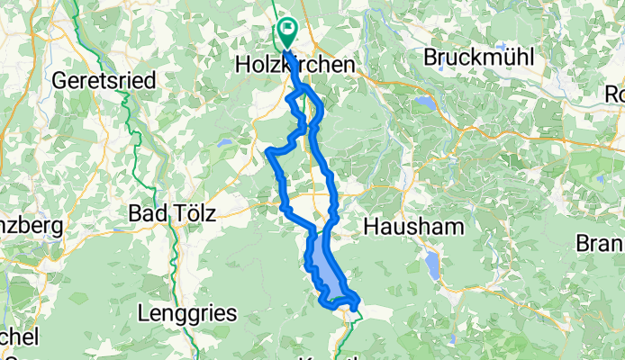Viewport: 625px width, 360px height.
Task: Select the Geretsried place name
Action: [x=104, y=80]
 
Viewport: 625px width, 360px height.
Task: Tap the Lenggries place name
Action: [x=188, y=313]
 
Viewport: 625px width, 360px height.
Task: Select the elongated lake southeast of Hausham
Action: [x=433, y=265]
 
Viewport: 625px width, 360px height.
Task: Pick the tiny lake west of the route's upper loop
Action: [x=222, y=142]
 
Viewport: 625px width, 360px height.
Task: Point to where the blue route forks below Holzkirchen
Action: [x=297, y=90]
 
